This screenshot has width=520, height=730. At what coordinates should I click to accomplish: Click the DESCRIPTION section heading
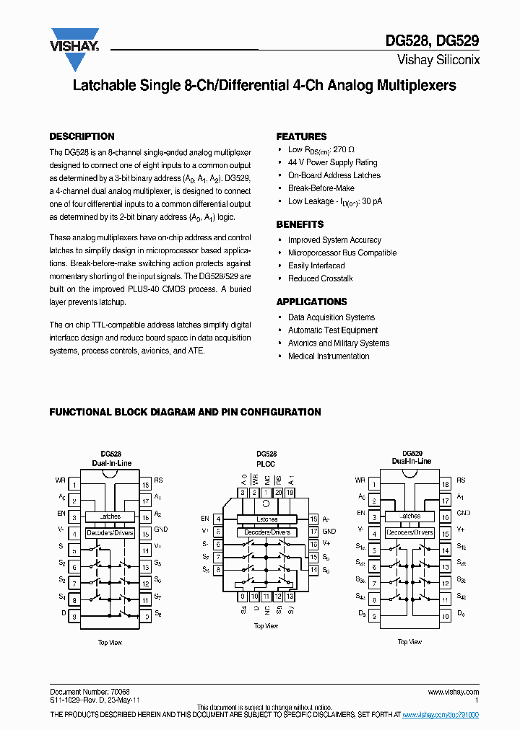pyautogui.click(x=82, y=136)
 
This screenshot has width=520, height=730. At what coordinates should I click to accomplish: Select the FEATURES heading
pyautogui.click(x=301, y=136)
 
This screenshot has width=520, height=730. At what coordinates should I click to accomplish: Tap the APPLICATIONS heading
pyautogui.click(x=311, y=302)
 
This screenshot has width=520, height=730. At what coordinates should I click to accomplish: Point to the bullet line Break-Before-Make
pyautogui.click(x=321, y=188)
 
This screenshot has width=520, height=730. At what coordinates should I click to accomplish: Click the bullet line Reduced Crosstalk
pyautogui.click(x=320, y=278)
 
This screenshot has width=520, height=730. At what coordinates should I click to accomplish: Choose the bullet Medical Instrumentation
pyautogui.click(x=329, y=356)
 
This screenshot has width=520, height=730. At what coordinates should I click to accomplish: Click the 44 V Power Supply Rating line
pyautogui.click(x=332, y=162)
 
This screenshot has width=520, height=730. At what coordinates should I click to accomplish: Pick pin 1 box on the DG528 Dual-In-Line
pyautogui.click(x=74, y=480)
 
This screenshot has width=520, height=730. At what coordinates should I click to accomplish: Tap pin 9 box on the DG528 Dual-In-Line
pyautogui.click(x=74, y=616)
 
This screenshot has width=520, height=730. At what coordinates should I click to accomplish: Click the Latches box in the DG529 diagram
pyautogui.click(x=409, y=516)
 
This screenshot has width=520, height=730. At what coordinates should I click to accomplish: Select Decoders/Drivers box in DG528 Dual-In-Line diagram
pyautogui.click(x=110, y=533)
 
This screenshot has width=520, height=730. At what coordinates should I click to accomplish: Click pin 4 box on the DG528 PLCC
pyautogui.click(x=218, y=519)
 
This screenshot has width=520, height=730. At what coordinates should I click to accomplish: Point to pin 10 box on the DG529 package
pyautogui.click(x=446, y=615)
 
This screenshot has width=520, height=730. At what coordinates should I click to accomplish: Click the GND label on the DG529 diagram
pyautogui.click(x=464, y=513)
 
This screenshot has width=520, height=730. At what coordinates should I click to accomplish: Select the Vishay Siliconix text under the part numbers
pyautogui.click(x=438, y=61)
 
